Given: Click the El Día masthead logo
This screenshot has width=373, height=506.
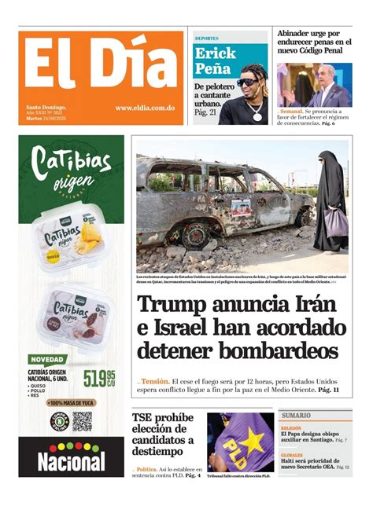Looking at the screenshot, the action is click(98, 69).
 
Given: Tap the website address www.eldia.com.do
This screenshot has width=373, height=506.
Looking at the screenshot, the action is click(145, 108).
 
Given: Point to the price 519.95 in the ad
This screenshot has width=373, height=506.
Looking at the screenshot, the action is click(99, 379).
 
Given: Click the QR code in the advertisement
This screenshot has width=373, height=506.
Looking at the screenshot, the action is click(82, 422).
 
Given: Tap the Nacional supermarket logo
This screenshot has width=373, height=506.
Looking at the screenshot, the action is click(71, 457).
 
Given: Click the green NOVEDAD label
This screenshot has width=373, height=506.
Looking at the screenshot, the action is click(47, 359).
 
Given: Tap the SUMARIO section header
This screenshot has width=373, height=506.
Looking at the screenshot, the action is click(297, 416).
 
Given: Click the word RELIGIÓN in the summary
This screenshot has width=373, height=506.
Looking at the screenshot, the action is click(291, 428).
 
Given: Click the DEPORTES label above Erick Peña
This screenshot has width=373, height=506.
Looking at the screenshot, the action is click(206, 38).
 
